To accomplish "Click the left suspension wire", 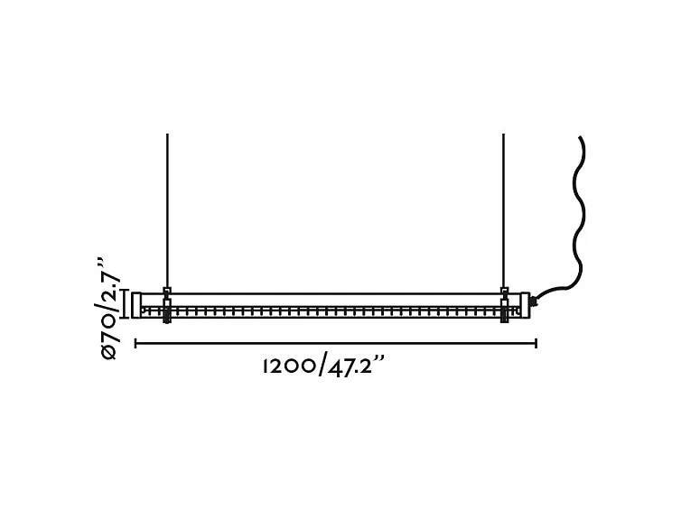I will [x=167, y=208].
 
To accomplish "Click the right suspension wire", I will [x=503, y=208].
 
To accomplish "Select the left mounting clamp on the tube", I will [x=166, y=303].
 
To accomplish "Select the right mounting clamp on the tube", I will [x=504, y=303].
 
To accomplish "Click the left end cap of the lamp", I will [x=136, y=304].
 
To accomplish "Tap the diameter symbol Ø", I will [x=109, y=351].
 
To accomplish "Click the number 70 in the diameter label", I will [x=109, y=327].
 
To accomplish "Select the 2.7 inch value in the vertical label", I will [x=109, y=287].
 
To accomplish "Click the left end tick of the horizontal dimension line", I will [x=135, y=343].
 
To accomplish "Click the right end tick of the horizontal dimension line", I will [x=536, y=343].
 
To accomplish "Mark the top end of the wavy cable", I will [x=579, y=137].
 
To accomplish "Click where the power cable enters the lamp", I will [x=534, y=299].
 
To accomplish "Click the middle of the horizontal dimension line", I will [x=336, y=343].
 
